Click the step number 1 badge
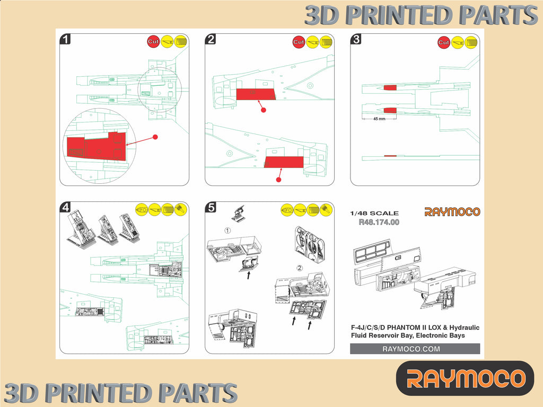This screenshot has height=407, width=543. (65, 39)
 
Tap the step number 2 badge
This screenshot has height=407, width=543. (211, 39)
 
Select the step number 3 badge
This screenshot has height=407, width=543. (356, 39)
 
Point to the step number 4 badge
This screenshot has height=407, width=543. (65, 207)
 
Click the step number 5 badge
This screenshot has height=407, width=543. (211, 207)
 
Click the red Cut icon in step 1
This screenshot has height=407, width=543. (153, 41)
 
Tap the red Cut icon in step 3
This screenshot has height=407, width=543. (444, 42)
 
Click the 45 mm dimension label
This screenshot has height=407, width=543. (379, 119)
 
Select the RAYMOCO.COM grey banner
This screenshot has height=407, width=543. (415, 349)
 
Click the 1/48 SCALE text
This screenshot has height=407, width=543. (374, 214)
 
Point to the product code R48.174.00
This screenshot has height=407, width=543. (379, 222)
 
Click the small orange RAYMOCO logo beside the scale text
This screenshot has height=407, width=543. (452, 212)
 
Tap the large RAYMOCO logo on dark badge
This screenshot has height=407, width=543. (466, 378)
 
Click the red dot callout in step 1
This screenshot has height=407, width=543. (155, 137)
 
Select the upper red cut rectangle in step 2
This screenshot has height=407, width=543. (256, 94)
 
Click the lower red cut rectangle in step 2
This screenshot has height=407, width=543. (284, 162)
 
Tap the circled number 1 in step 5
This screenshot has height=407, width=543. (227, 231)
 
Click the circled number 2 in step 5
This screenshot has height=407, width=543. (300, 268)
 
